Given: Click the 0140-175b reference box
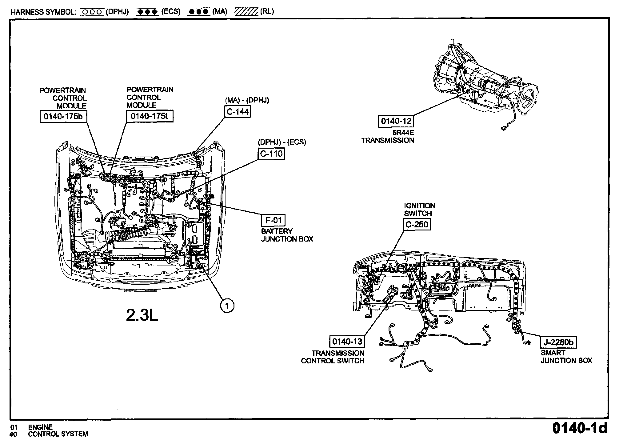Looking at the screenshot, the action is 63,116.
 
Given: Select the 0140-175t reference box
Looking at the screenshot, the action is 150,116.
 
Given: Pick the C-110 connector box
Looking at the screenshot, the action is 271,154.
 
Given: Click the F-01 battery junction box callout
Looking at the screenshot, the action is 274,220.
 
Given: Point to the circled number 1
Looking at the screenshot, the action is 227,306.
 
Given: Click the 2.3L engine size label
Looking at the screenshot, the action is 142,315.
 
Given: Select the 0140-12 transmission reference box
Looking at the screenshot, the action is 396,121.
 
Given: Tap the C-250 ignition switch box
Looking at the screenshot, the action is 417,225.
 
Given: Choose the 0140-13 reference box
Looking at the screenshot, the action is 347,341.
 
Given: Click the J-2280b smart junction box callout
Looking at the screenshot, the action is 559,342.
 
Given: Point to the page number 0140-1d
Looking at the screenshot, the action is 580,428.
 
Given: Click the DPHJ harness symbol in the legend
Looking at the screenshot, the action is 91,12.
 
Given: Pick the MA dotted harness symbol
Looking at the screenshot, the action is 199,12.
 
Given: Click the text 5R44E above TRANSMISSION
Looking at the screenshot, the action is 403,133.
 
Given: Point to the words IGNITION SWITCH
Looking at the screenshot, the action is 420,210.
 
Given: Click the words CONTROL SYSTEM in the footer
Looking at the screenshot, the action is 58,434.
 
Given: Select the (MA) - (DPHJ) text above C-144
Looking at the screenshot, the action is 247,100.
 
